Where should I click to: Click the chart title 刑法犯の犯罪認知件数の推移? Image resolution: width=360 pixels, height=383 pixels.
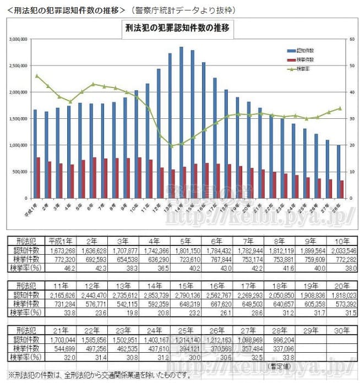[177, 28]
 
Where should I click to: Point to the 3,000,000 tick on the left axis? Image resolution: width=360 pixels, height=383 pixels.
[19, 40]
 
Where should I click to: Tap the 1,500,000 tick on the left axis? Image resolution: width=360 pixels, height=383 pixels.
[19, 119]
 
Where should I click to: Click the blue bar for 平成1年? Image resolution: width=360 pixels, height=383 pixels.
[35, 154]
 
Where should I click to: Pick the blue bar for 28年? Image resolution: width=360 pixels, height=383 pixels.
[338, 171]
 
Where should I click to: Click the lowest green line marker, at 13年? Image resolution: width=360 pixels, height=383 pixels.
[171, 146]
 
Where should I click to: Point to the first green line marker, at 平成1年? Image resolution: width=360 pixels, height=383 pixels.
[37, 76]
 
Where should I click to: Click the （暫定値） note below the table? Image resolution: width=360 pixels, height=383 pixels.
[279, 365]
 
